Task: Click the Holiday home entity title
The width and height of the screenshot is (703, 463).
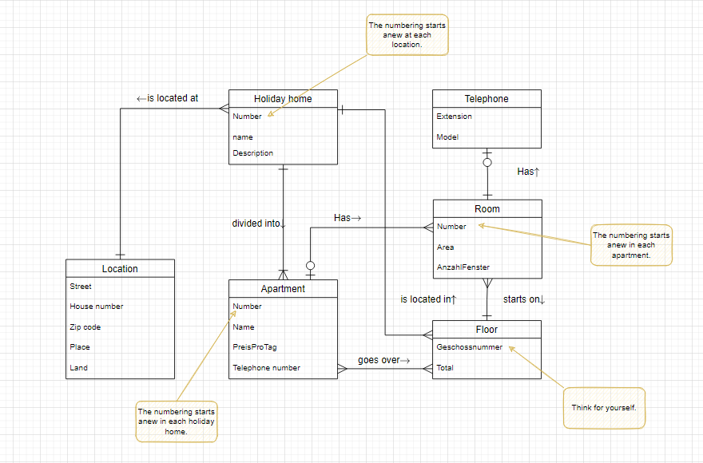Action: coord(283,99)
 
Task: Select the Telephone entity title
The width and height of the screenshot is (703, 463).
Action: coord(487,99)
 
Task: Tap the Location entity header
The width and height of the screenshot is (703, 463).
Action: coord(120,269)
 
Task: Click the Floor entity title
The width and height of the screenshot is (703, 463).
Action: coord(487,329)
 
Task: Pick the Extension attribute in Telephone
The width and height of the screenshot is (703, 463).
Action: coord(454,117)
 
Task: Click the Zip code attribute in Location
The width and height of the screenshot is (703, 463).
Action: coord(85,327)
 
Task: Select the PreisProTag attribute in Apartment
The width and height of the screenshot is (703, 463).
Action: coord(255,347)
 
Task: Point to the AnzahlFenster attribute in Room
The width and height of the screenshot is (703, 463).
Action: coord(463,267)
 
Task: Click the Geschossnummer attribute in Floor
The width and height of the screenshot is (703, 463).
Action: coord(470,347)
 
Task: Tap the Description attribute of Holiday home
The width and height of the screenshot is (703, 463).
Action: coord(252,153)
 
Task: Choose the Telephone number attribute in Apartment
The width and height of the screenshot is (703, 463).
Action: coord(266,368)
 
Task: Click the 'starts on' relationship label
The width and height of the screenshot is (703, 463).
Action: coord(524,299)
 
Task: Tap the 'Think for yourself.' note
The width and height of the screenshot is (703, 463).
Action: coord(604,408)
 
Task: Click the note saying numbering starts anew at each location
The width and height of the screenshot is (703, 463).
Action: coord(407,35)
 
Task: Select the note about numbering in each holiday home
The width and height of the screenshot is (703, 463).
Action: coord(176,421)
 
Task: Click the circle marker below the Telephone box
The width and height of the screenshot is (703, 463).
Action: coord(487,163)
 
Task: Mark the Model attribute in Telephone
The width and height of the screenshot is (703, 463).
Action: coord(447,137)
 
